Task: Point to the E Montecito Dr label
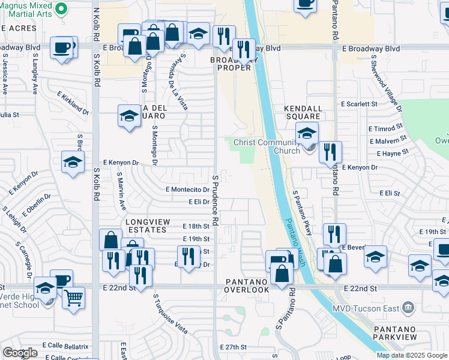click(x=187, y=189)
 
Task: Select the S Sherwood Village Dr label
click(x=386, y=84)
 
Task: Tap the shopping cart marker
click(x=73, y=296)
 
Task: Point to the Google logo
click(x=20, y=353)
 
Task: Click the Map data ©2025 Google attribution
click(x=411, y=355)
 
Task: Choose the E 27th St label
click(x=234, y=347)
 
